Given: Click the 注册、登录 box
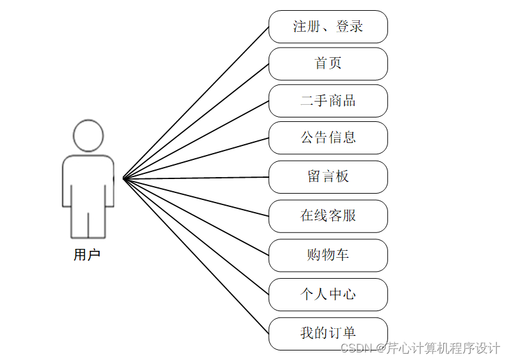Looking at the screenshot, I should tap(328, 27).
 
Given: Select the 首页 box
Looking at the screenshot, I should tap(328, 63).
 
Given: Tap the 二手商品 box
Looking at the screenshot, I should tap(328, 100).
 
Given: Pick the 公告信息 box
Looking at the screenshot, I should tap(328, 138).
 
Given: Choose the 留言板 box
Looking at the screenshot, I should tap(328, 177).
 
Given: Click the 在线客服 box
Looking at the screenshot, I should tap(328, 216).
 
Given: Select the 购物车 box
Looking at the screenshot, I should tap(328, 255).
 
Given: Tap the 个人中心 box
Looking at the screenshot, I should tap(328, 295).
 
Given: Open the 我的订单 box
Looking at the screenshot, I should tap(328, 333).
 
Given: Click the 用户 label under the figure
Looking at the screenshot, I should tap(87, 255).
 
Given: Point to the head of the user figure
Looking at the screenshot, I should tap(88, 135).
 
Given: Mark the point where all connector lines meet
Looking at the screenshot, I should tap(123, 178).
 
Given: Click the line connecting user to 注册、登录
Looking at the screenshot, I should tap(196, 102).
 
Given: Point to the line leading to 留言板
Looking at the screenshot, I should tap(196, 178).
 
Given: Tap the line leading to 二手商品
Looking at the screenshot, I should tap(196, 140).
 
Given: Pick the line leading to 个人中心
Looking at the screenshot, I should tap(196, 236).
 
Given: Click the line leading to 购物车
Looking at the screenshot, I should tap(196, 217).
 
